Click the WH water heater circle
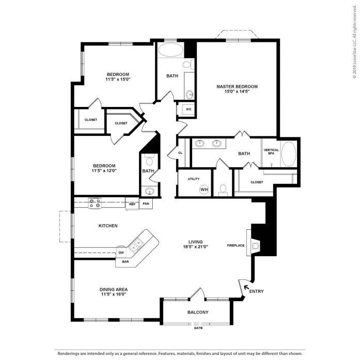coord(204,190)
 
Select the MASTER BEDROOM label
coord(237,87)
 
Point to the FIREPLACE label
coord(236,245)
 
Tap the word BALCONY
coord(198,312)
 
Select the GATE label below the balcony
coord(198,328)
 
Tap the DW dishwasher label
coord(121,253)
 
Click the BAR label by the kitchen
coord(125,262)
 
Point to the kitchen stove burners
coord(95,204)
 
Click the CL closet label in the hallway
coord(180,153)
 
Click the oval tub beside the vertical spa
coord(288,154)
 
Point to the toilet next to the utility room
coord(223,189)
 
